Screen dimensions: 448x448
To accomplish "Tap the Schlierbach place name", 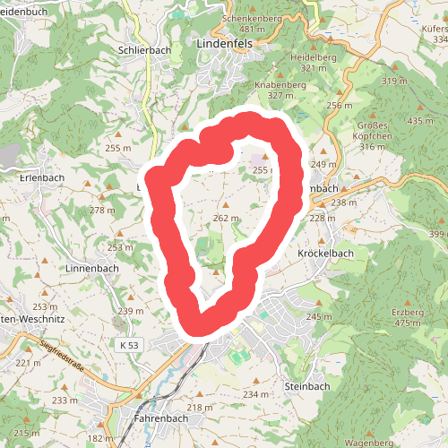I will pos(143,52).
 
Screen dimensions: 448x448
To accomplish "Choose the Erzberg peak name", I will pos(407,312).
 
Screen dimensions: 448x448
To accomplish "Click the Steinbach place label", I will pos(306,386).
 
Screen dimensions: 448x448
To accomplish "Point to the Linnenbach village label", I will pos(92,268).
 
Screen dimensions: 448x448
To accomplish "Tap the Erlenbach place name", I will pos(43,177).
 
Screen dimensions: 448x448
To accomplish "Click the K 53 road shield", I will pos(130,344).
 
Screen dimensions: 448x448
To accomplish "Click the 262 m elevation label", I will pos(227,218).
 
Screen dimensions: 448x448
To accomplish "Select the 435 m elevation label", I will pos(419,121).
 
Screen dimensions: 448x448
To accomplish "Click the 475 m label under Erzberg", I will pos(407,323).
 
